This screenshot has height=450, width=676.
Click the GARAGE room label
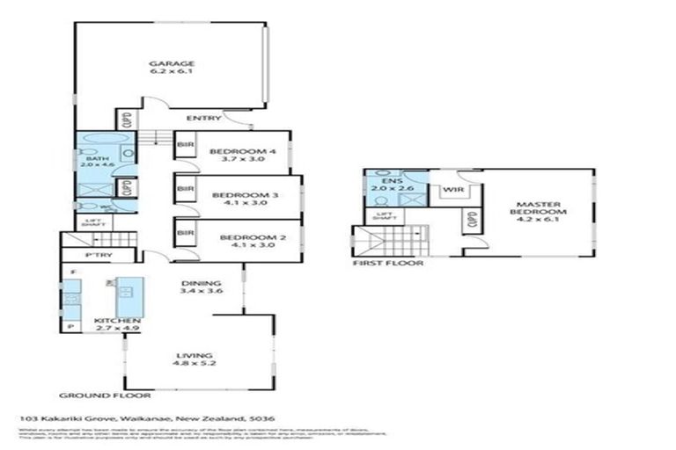171,63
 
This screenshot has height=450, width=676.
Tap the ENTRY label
203,118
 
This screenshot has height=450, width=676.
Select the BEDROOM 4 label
243,151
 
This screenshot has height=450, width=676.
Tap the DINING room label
195,283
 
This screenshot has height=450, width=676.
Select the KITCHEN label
117,321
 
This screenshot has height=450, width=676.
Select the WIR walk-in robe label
453,190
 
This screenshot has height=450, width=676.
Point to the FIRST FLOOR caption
387,263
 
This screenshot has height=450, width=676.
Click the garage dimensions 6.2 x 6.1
171,72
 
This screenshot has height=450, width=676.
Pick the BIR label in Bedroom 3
186,189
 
